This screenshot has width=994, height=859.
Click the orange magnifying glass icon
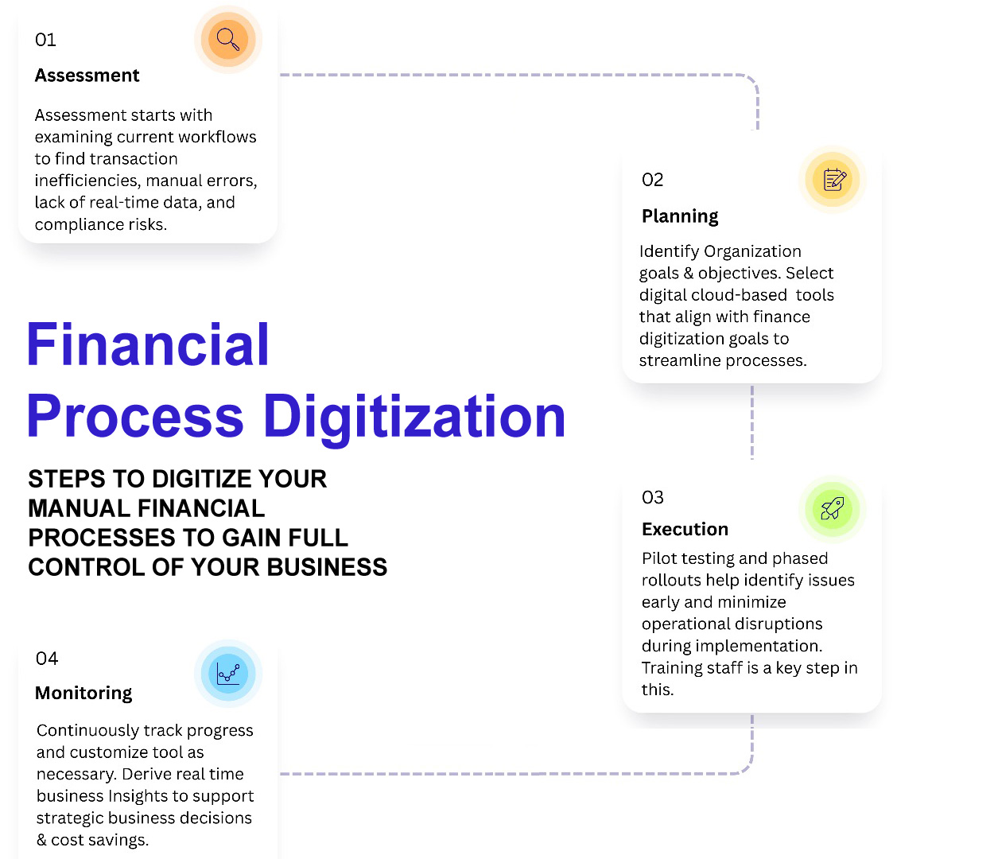(228, 40)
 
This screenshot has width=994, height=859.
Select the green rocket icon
(833, 509)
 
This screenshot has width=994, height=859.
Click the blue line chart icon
(228, 674)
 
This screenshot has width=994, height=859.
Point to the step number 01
(45, 40)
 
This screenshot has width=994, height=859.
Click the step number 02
(653, 180)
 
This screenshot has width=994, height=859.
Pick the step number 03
(653, 497)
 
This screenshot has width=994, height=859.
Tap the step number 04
(47, 659)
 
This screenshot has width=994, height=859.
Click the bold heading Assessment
(87, 76)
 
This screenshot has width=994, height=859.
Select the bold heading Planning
(680, 216)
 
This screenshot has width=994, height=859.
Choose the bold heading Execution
(685, 529)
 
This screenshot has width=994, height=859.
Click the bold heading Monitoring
(83, 693)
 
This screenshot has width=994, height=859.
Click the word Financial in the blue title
(148, 344)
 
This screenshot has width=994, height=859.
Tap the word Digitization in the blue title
(414, 417)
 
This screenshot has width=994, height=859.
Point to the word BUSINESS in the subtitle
(327, 567)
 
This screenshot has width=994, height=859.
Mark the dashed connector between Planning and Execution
(752, 422)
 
